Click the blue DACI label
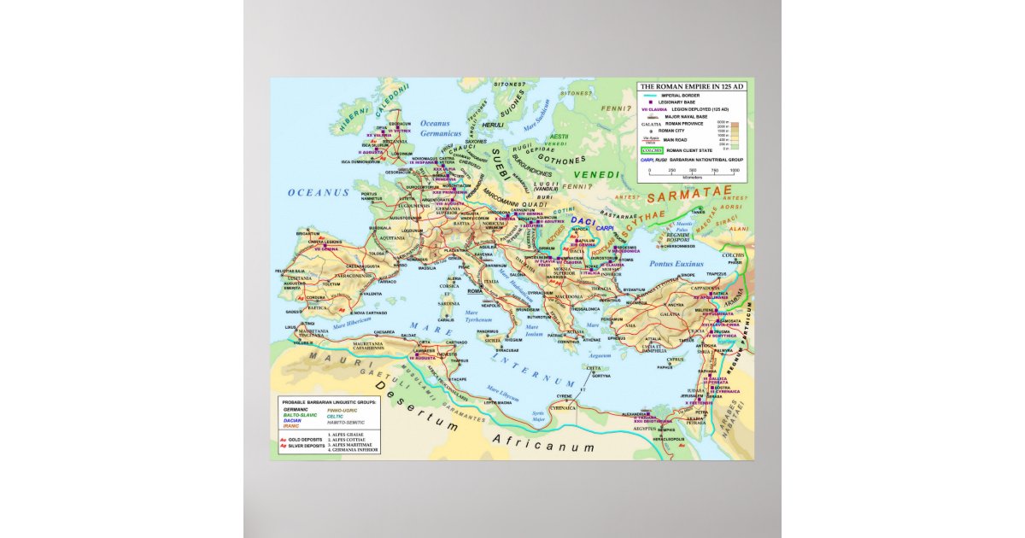coord(583,220)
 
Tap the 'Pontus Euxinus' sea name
coord(675,265)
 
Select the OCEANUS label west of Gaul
coord(319,193)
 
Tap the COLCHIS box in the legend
coord(653,150)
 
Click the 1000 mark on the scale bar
coord(735,171)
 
